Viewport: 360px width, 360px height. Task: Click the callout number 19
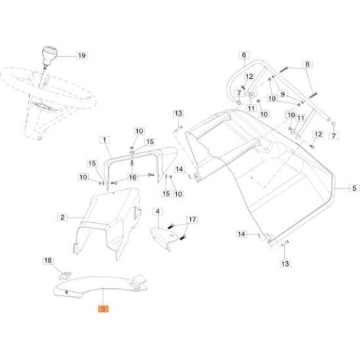[82, 55]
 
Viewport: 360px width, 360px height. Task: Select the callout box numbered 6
[244, 55]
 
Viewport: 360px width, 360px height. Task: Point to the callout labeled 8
[307, 64]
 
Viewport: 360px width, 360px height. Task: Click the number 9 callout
[283, 94]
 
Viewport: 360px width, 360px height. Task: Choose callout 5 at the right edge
[355, 188]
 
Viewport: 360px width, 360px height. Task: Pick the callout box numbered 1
[104, 140]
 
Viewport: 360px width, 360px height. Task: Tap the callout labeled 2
[63, 218]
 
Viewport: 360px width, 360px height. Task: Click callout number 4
[158, 211]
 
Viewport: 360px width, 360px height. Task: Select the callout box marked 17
[192, 220]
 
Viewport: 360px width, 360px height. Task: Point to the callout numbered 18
[48, 260]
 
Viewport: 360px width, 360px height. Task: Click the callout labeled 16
[133, 177]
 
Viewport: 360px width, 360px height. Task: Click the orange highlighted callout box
[103, 309]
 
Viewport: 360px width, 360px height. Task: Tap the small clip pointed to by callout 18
[64, 276]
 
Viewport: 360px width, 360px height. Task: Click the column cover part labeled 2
[110, 220]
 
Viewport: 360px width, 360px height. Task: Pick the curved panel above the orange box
[100, 285]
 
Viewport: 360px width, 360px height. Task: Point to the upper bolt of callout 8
[283, 69]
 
